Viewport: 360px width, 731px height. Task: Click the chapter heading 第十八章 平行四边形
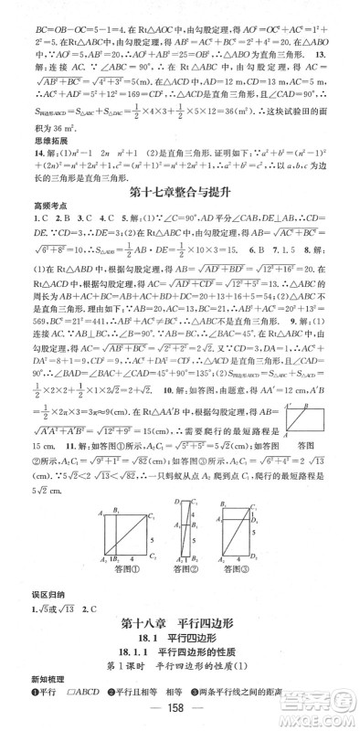click(179, 625)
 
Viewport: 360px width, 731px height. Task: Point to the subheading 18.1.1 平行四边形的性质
click(179, 658)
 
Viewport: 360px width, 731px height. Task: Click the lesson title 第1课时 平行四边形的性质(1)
click(179, 673)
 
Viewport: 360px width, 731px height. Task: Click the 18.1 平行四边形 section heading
click(179, 641)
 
